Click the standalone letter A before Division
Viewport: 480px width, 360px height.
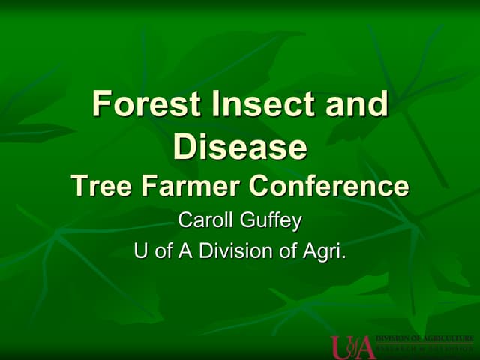pos(182,250)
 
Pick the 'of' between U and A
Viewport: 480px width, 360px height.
pos(162,250)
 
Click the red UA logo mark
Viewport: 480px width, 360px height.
pos(352,346)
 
